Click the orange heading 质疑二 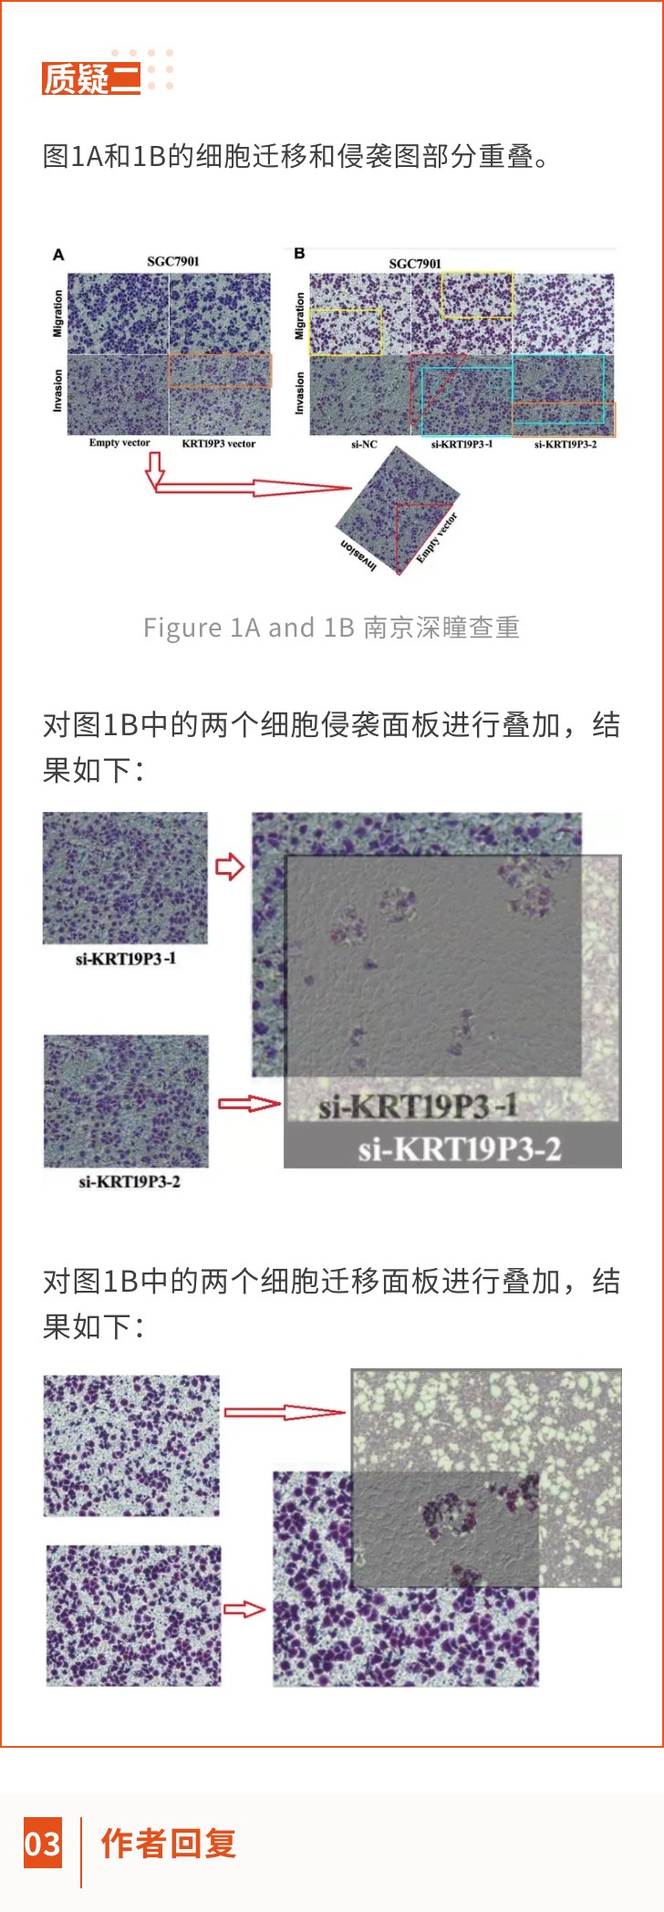pos(91,79)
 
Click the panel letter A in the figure pos(58,255)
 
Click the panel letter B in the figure pos(299,254)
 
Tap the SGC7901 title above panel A pos(172,262)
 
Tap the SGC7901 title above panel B pos(415,264)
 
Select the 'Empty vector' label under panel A pos(119,443)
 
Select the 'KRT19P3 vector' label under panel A pos(219,444)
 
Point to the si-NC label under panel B pos(364,445)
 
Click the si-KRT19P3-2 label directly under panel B pos(565,445)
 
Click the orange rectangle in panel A pos(220,371)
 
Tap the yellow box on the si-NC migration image pos(346,332)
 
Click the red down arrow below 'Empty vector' pos(155,469)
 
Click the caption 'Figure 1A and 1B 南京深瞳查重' pos(331,628)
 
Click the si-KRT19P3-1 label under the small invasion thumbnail pos(126,959)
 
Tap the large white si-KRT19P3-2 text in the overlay pos(459,1149)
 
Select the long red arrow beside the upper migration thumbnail pos(285,1413)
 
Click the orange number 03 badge pos(43,1844)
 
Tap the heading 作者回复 pos(169,1844)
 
